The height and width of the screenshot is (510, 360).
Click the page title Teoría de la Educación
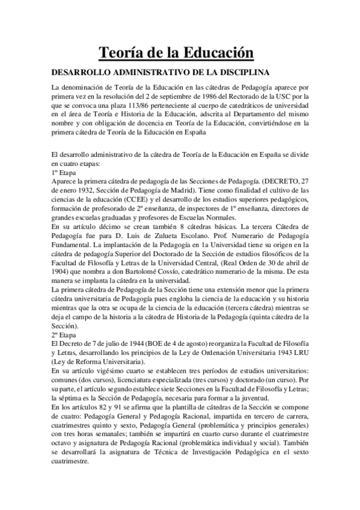pos(180,54)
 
